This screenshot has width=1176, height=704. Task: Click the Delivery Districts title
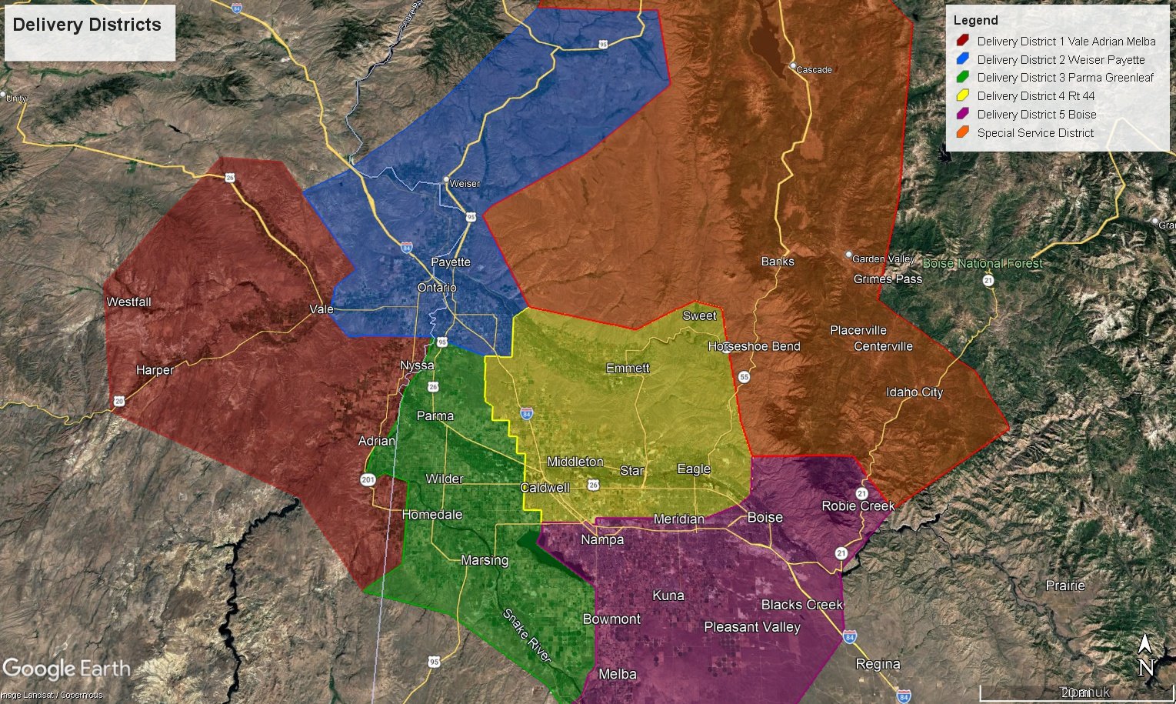point(87,25)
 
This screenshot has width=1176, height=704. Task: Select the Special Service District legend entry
point(1035,133)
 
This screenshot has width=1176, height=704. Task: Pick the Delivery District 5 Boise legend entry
point(1036,115)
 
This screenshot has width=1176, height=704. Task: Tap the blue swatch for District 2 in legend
point(962,59)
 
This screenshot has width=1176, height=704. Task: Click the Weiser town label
point(464,184)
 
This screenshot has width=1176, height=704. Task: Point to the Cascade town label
point(814,70)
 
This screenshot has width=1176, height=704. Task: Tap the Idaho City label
point(914,392)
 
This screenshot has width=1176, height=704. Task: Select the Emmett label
point(628,369)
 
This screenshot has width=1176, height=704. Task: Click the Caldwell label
point(545,488)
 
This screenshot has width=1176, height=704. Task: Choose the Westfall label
point(128,302)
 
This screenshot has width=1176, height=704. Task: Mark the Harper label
point(155,370)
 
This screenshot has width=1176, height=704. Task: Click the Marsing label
point(484,560)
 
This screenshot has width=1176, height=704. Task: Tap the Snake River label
point(527,636)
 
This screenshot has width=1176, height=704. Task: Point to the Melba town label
point(617,675)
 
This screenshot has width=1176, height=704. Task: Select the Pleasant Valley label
point(752,628)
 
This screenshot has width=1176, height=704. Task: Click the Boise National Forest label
point(982,264)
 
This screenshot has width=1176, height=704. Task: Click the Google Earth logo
point(66,669)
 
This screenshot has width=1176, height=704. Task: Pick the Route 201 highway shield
point(368,480)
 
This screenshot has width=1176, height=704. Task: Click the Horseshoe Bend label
point(754,347)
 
